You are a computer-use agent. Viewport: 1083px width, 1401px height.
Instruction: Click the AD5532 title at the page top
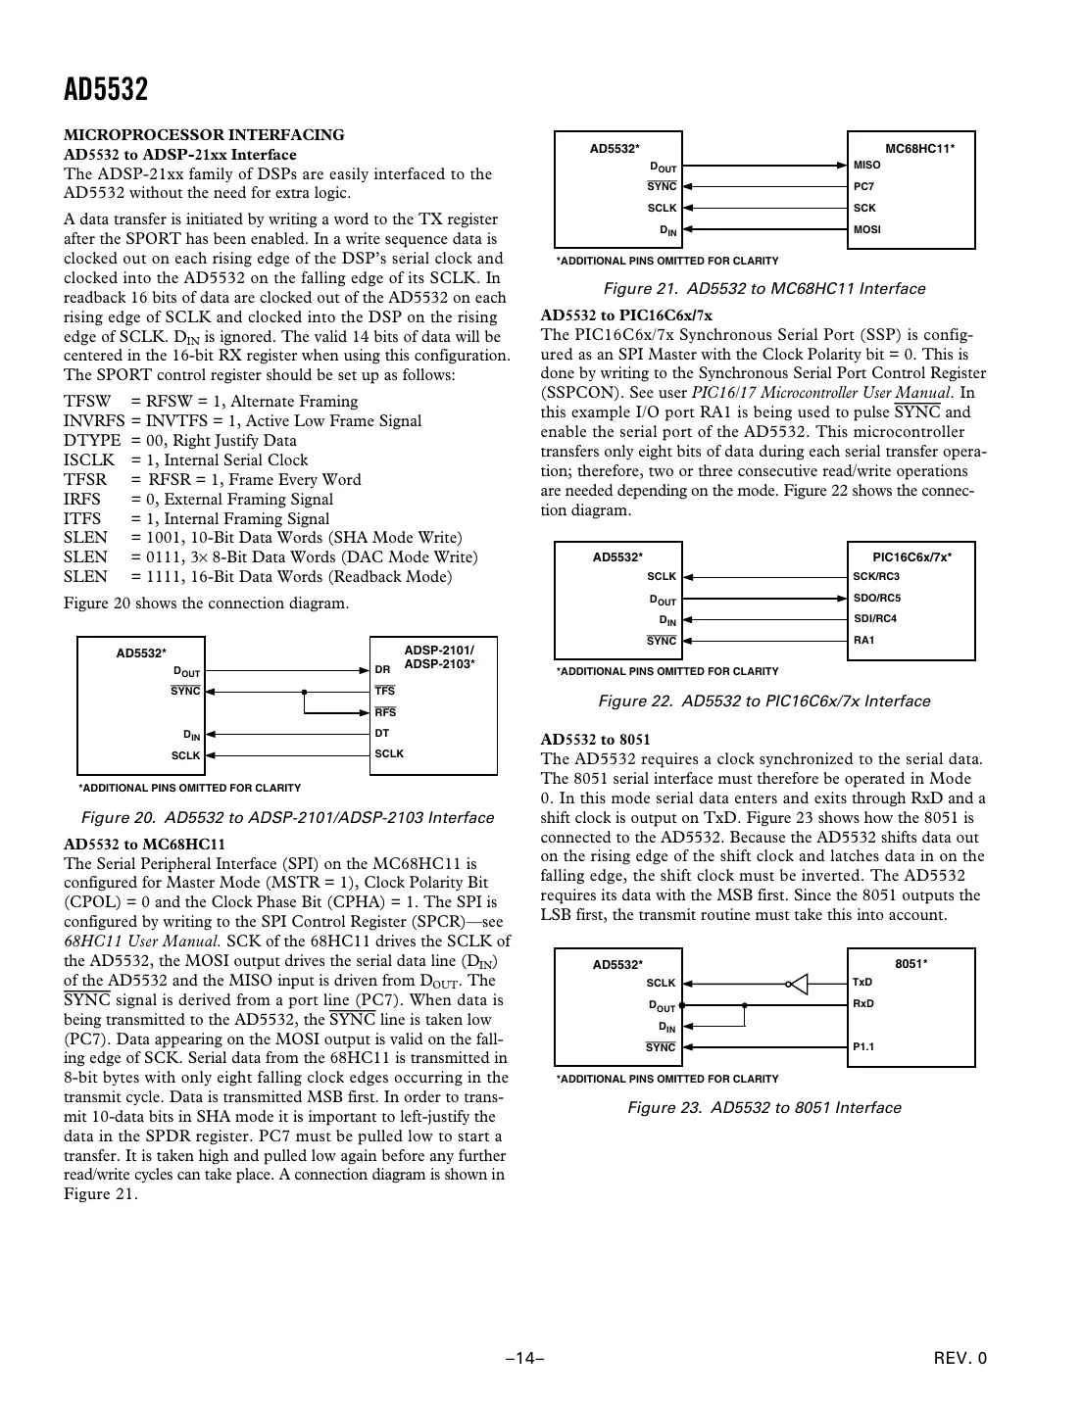(x=106, y=90)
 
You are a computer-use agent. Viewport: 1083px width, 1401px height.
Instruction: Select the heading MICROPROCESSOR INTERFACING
(x=204, y=135)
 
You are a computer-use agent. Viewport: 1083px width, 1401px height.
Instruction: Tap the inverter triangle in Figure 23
(x=800, y=983)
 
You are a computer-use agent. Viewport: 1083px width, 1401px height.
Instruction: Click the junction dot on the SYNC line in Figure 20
(x=305, y=691)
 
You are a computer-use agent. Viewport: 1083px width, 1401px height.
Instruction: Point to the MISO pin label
(x=866, y=165)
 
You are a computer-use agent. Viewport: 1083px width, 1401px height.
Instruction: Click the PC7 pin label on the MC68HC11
(x=863, y=186)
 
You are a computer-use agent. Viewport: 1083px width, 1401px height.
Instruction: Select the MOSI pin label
(x=867, y=229)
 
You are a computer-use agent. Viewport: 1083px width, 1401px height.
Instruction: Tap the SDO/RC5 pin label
(x=876, y=598)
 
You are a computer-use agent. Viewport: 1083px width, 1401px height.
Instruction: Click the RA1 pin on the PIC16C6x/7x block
(x=863, y=640)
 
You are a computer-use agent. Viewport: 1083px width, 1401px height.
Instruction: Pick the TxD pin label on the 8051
(x=862, y=982)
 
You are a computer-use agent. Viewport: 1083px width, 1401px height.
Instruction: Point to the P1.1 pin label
(x=862, y=1046)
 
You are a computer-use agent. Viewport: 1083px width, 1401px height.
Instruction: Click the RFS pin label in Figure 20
(x=385, y=712)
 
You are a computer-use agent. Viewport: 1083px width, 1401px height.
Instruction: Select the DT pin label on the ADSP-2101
(x=382, y=733)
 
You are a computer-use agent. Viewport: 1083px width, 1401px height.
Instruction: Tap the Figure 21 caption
(x=764, y=289)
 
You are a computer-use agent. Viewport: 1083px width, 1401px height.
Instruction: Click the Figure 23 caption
(x=764, y=1108)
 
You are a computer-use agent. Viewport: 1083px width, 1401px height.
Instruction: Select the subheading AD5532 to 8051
(x=595, y=740)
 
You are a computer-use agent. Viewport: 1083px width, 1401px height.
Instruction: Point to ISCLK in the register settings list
(x=88, y=460)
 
